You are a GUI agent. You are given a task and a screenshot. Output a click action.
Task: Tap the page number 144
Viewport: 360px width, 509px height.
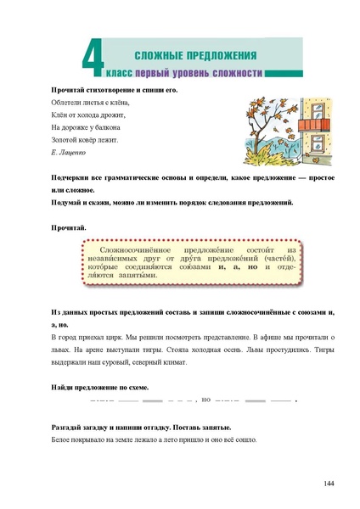[x=329, y=484]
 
